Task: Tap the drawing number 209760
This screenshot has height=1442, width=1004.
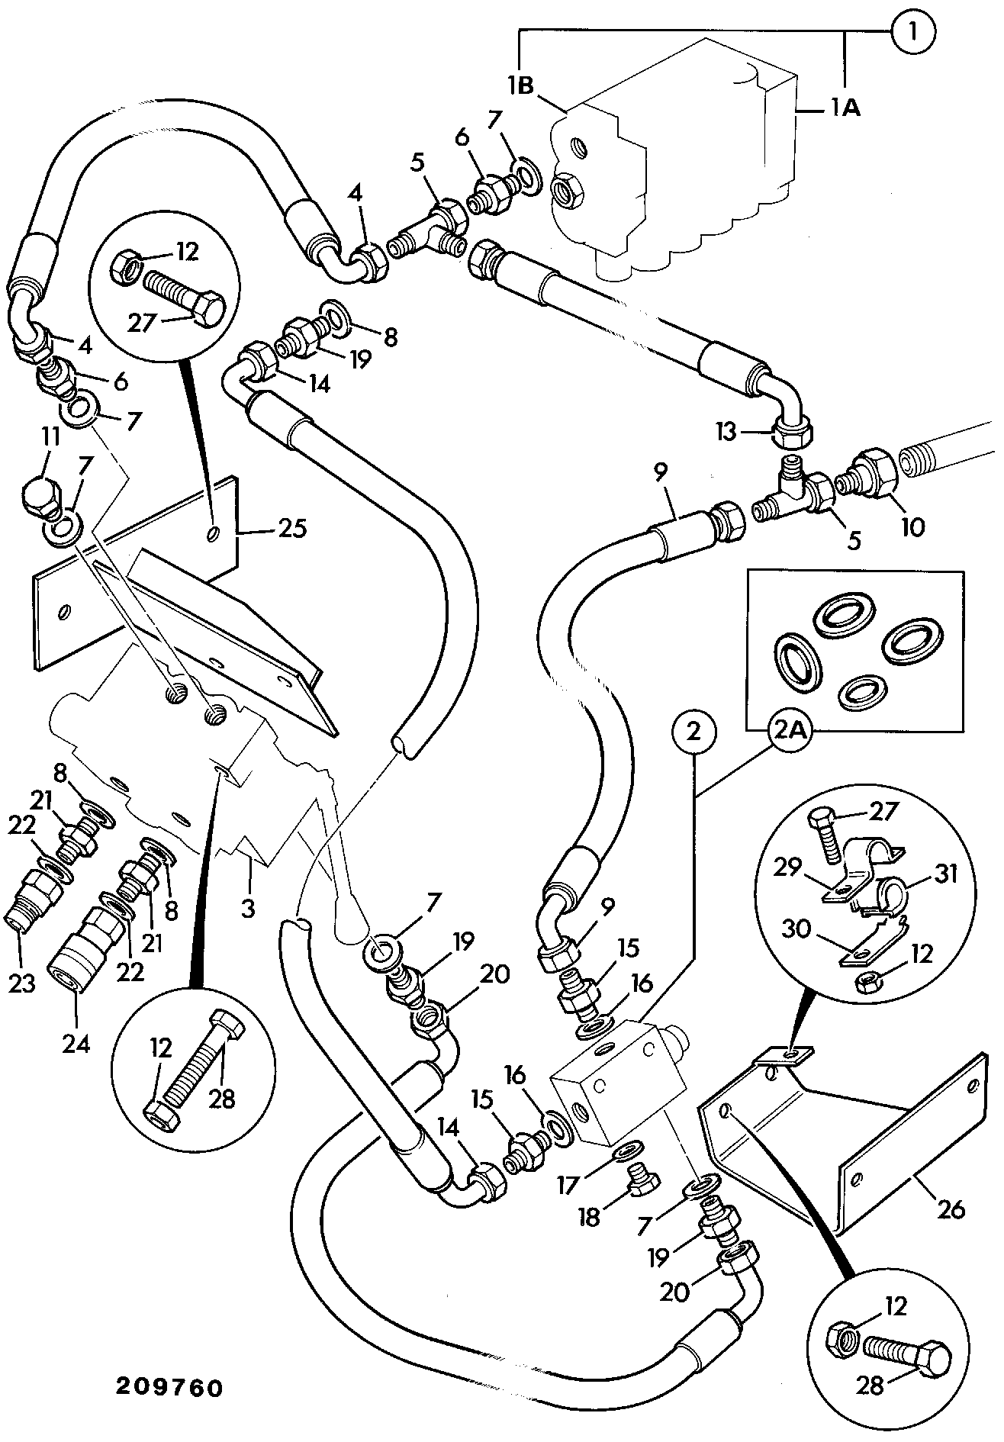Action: tap(169, 1387)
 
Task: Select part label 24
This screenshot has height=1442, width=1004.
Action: tap(77, 1043)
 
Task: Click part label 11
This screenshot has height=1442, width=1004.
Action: tap(51, 436)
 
